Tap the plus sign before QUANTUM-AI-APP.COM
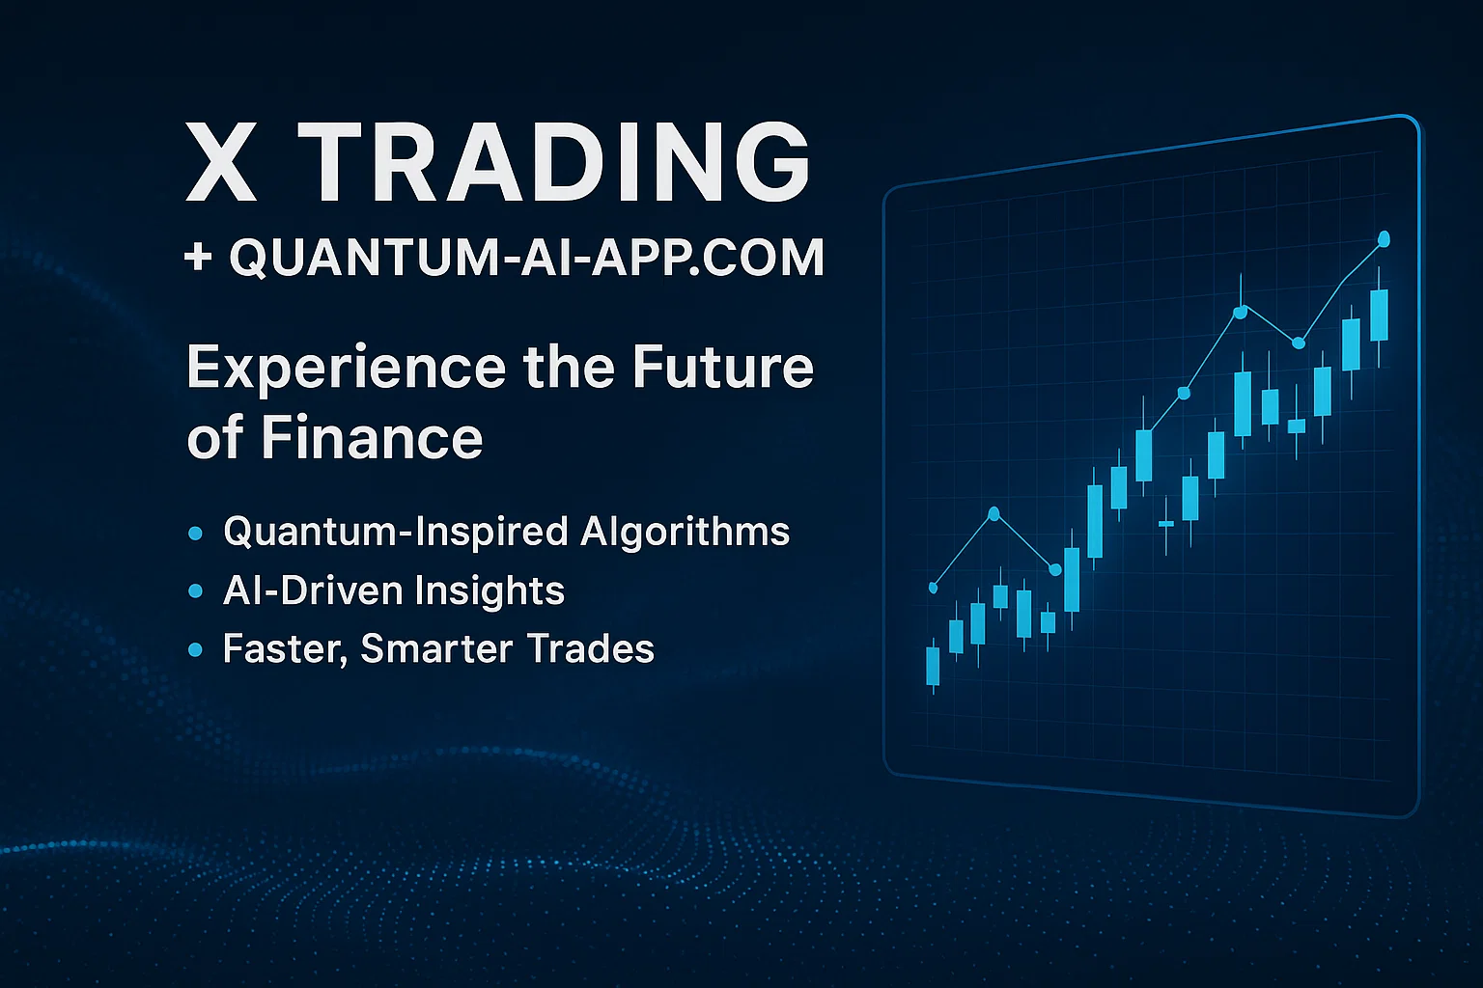pos(198,257)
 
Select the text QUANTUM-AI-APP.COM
pos(526,258)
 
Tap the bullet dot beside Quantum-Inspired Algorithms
pos(195,534)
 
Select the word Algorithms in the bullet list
pos(686,532)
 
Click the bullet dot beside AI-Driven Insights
pos(195,590)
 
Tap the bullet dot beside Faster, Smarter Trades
pos(195,650)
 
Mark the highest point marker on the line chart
pos(1384,239)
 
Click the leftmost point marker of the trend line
pos(934,588)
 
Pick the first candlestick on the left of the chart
pos(933,666)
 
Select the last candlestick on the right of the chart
pos(1379,316)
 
